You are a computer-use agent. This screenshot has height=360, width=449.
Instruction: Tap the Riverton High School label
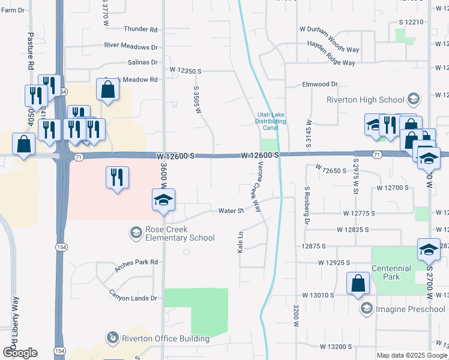click(x=365, y=100)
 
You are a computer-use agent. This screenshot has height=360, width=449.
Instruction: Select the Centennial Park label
click(x=391, y=272)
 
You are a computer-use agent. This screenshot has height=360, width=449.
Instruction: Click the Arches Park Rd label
click(x=137, y=262)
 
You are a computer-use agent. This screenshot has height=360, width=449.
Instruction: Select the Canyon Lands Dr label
click(x=133, y=298)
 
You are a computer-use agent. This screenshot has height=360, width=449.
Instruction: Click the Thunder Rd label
click(x=140, y=29)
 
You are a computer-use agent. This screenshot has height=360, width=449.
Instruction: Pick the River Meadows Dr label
click(x=131, y=46)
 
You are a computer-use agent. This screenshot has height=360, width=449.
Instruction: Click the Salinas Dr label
click(x=142, y=62)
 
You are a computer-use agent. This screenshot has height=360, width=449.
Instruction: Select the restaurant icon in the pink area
click(x=116, y=177)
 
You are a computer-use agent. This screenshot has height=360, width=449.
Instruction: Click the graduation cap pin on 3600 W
click(x=163, y=200)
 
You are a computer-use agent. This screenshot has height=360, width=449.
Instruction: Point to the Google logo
click(x=20, y=353)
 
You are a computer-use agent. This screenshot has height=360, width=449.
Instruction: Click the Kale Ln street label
click(x=241, y=241)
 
